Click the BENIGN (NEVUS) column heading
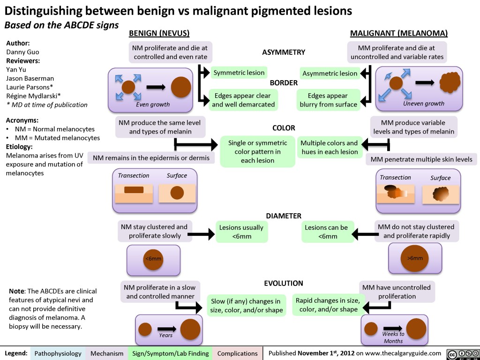pos(159,33)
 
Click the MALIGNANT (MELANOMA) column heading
pos(399,33)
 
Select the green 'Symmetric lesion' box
pos(239,73)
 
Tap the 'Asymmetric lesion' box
pos(330,74)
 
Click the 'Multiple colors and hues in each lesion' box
pos(329,147)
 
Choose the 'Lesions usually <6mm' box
pos(241,232)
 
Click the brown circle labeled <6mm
pos(153,258)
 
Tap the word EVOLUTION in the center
pos(284,283)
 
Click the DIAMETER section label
pos(284,216)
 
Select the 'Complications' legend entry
pos(237,353)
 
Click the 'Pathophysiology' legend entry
pos(58,353)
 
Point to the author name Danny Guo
pos(22,52)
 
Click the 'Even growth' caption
pos(153,104)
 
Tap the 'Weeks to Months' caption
pos(393,337)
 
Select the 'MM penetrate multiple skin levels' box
pos(421,159)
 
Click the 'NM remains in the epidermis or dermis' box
pos(151,158)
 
